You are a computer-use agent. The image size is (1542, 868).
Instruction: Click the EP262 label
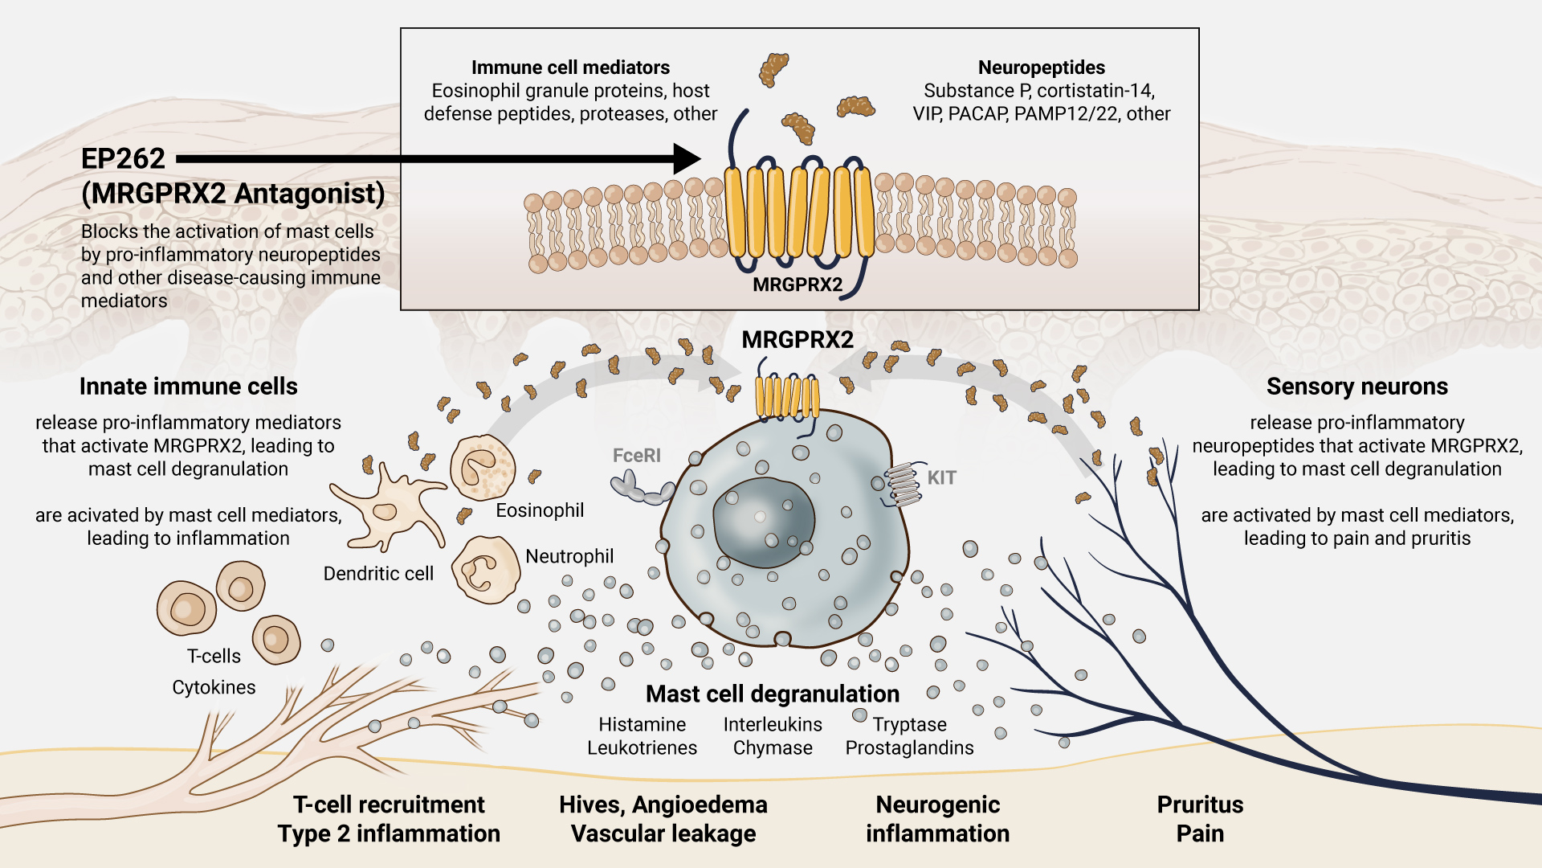(123, 159)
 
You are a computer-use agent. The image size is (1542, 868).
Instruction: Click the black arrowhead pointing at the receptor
(687, 159)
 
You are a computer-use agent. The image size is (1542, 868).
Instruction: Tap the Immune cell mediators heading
(570, 68)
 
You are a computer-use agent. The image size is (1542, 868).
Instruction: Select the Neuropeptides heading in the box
(1041, 68)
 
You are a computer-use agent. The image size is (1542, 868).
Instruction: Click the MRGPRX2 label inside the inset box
(798, 285)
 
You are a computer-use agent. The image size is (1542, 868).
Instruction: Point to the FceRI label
(636, 456)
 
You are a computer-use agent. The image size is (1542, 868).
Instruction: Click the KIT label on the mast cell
(941, 478)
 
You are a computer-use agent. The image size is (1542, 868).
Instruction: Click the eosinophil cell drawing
(482, 469)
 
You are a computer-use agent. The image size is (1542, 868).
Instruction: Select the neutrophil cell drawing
(485, 570)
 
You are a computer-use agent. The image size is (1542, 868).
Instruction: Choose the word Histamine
(642, 725)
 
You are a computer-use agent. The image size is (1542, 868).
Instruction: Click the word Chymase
(773, 748)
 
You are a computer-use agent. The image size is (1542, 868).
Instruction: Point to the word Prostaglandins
(909, 748)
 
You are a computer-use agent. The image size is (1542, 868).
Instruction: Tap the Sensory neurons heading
(1356, 387)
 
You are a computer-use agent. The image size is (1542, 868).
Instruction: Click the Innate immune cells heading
(188, 387)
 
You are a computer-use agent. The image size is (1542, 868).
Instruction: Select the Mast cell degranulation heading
(772, 694)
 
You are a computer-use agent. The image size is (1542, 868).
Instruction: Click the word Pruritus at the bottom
(1200, 805)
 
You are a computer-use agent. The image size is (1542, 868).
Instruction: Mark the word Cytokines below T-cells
(214, 688)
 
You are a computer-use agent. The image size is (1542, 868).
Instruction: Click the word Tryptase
(909, 725)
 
